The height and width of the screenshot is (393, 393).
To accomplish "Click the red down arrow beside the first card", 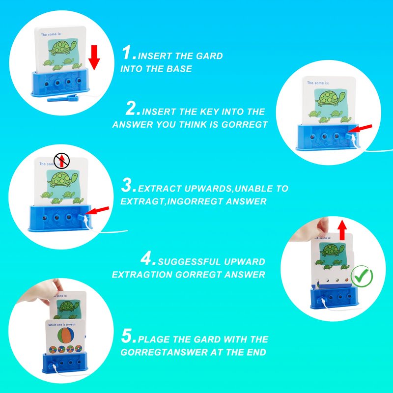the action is (94, 57).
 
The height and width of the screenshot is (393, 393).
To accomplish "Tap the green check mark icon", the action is (362, 276).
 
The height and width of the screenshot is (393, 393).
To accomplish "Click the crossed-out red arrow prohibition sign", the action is (61, 161).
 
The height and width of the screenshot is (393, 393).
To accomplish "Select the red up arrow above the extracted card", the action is (342, 230).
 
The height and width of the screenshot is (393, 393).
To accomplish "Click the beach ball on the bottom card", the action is (66, 336).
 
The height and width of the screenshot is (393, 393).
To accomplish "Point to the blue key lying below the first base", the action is (63, 98).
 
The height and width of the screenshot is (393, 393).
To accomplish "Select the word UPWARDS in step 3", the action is (208, 189).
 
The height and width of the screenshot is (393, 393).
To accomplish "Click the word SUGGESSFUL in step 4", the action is (189, 262).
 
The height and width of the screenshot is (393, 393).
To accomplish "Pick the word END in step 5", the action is (256, 352).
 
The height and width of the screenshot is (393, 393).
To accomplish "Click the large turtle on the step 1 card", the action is (63, 48).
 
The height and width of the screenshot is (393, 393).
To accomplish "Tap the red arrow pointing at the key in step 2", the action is (360, 129).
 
